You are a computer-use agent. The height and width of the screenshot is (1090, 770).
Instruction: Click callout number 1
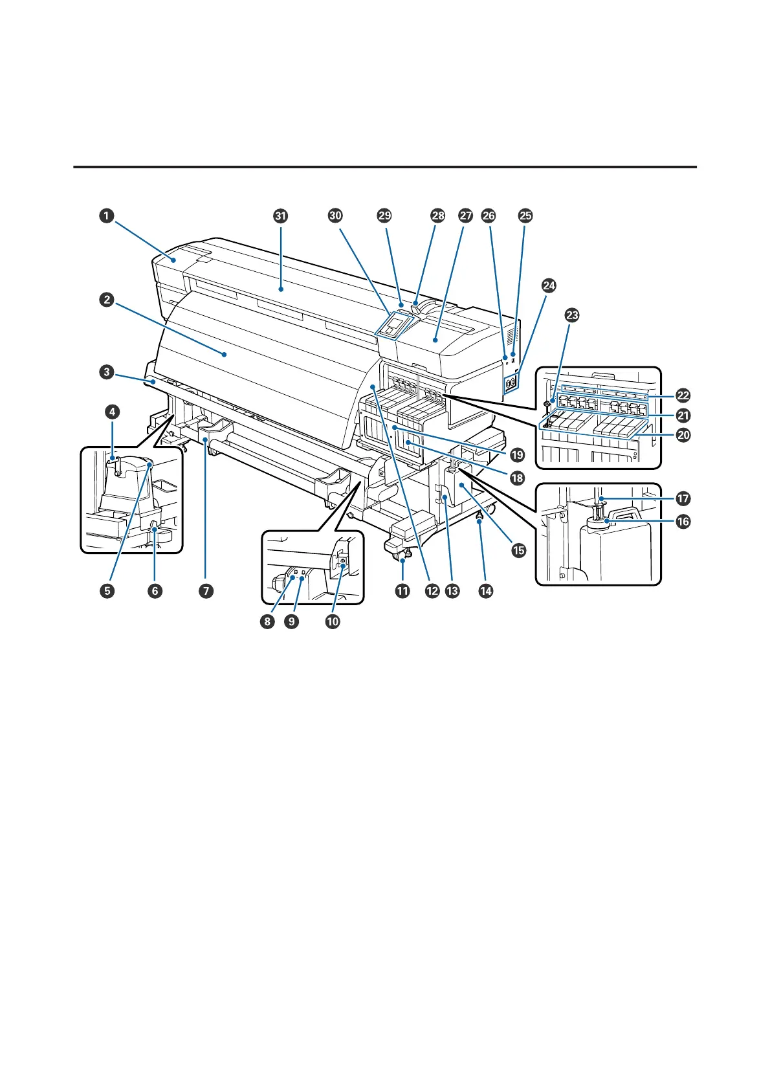[x=107, y=216]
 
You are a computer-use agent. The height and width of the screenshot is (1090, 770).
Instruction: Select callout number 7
[x=206, y=590]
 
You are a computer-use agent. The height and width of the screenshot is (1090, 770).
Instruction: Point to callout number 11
[x=402, y=590]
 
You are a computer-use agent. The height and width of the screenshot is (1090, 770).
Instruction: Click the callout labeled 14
[x=485, y=590]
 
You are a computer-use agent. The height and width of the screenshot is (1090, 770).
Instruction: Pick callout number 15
[x=519, y=550]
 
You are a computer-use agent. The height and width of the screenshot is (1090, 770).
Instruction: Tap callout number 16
[x=683, y=521]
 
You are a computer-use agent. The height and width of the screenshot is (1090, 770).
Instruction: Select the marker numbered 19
[x=518, y=455]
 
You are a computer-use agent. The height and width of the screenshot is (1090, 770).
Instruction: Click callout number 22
[x=683, y=395]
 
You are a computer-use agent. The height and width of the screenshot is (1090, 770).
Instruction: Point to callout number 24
[x=549, y=285]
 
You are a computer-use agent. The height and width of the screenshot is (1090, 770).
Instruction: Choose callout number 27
[x=466, y=216]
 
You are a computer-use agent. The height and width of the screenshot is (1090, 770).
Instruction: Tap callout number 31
[x=280, y=216]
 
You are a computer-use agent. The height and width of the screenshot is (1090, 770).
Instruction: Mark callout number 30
[x=335, y=216]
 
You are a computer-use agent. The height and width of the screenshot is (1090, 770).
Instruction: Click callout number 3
[x=107, y=372]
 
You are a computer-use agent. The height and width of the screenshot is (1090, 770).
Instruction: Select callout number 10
[x=332, y=621]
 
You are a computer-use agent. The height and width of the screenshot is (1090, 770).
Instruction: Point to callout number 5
[x=107, y=590]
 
